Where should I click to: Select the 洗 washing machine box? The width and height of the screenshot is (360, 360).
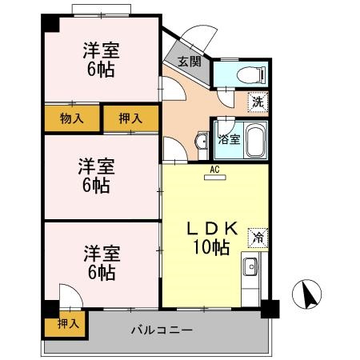coord(256,102)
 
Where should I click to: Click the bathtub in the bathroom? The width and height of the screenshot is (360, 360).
coord(254,141)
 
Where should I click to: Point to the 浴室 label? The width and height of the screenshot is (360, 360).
coord(228,139)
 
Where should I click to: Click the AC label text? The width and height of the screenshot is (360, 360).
coord(214,169)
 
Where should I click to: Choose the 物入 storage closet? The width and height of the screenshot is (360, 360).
coord(73,118)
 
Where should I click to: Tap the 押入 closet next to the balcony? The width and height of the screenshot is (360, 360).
coord(68,323)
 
